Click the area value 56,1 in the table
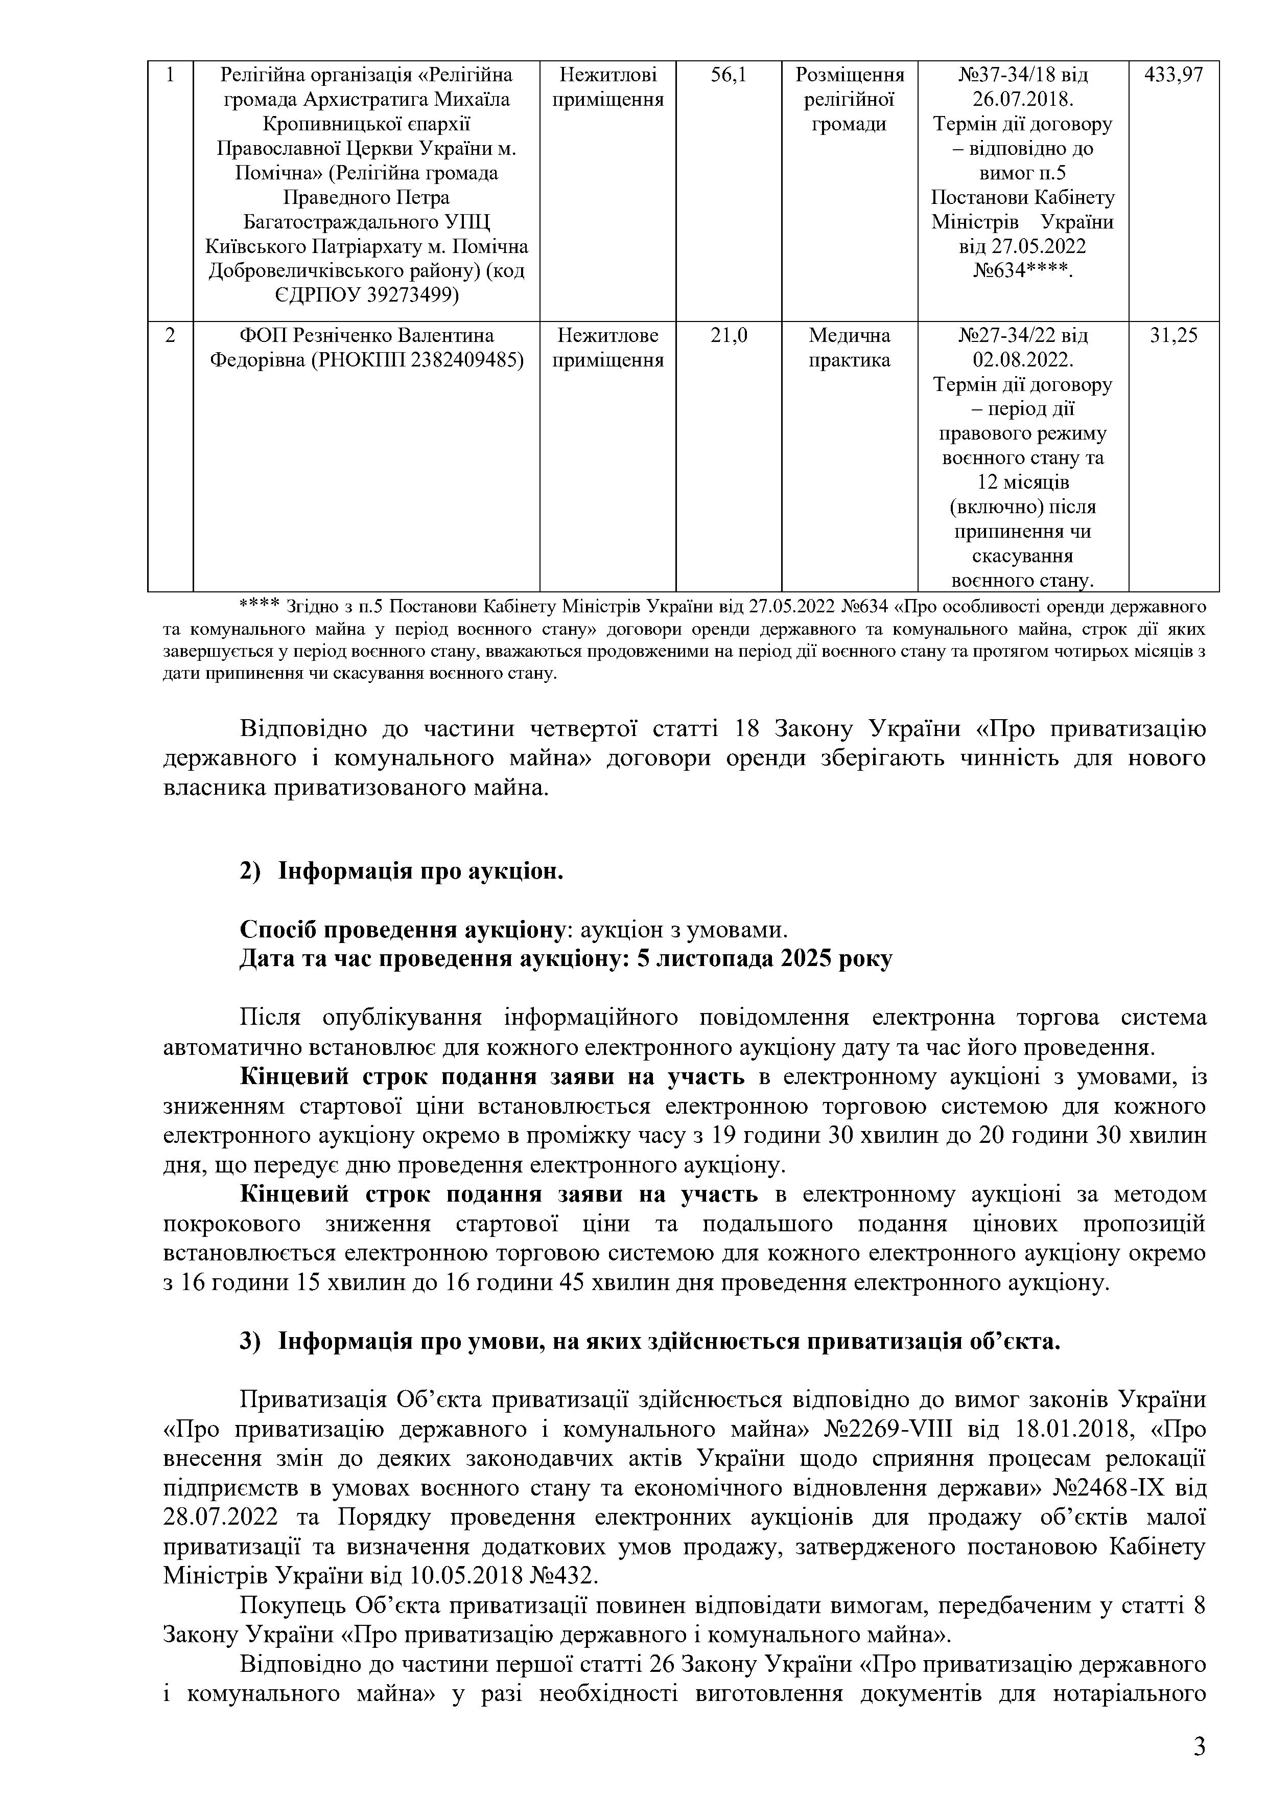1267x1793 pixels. [x=729, y=75]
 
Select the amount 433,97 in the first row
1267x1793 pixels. [x=1174, y=75]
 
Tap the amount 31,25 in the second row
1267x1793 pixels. [x=1174, y=336]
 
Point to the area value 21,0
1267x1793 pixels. [x=729, y=336]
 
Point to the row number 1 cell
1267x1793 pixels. [x=170, y=75]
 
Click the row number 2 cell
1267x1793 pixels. [x=170, y=336]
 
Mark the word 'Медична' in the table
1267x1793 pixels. [x=850, y=336]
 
